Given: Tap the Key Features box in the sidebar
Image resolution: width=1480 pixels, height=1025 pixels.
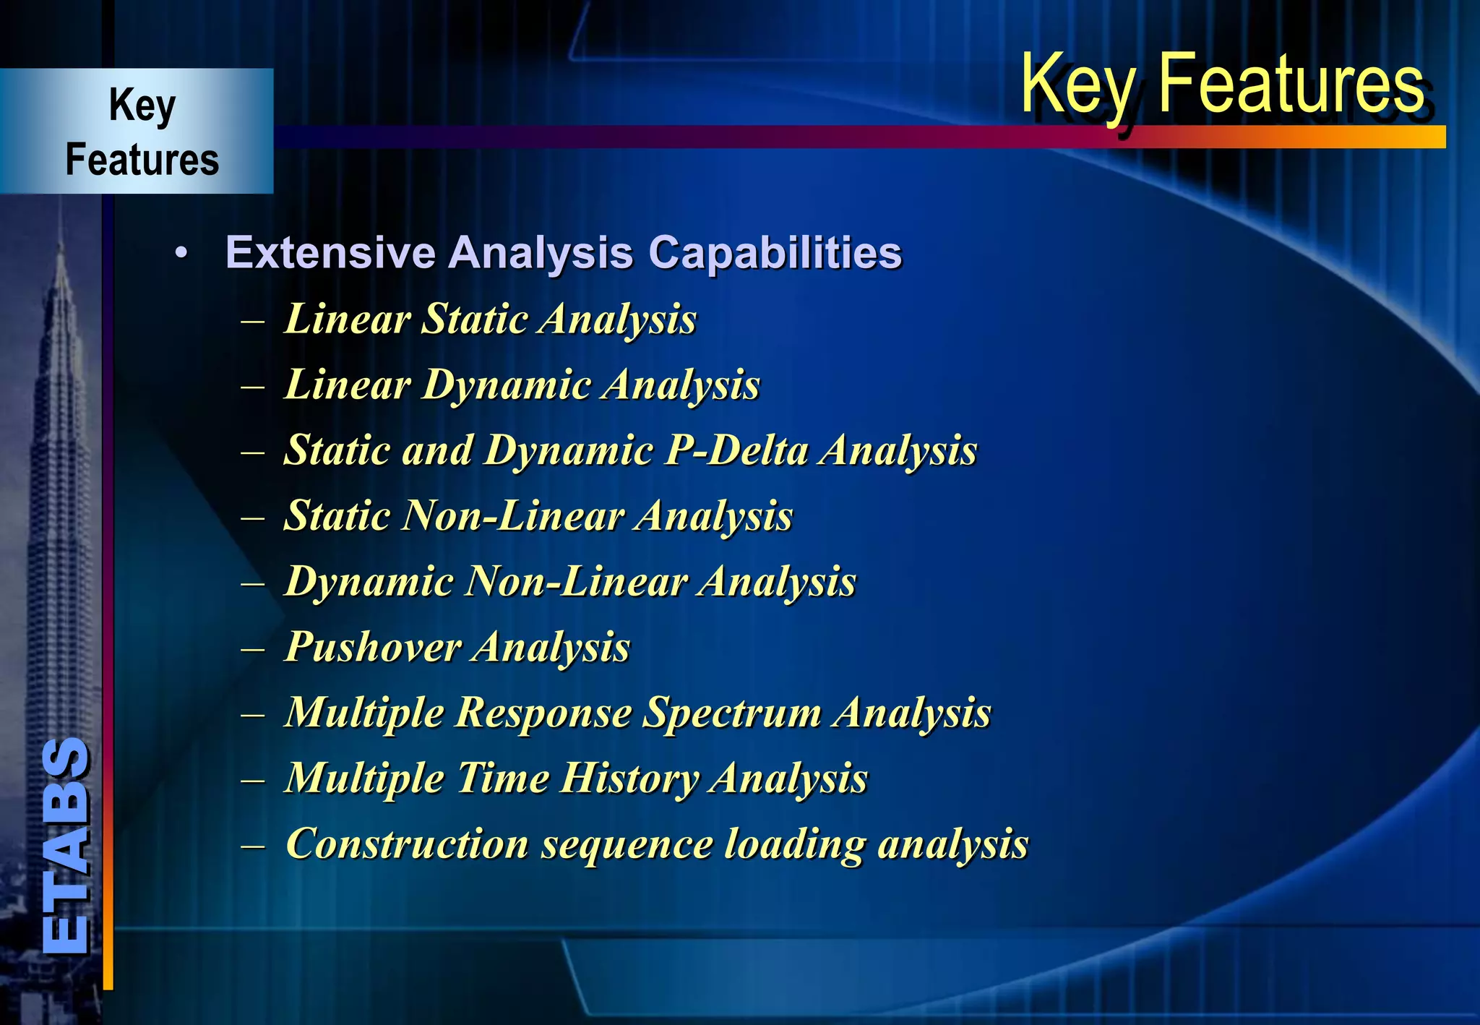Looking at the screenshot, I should (142, 132).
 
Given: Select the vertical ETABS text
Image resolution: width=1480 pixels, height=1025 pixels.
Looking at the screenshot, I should (66, 846).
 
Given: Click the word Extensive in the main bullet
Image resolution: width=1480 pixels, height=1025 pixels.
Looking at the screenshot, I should (330, 253).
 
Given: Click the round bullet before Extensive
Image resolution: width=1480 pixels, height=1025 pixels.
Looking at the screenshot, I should (181, 254).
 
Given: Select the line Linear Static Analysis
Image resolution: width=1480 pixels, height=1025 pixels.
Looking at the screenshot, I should (490, 319).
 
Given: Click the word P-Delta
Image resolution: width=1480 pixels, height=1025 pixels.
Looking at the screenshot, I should (736, 450).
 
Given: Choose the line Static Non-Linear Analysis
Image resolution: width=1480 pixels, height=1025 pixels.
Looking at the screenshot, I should (538, 516).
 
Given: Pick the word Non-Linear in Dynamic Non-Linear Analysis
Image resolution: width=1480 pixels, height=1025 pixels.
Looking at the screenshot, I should (575, 582).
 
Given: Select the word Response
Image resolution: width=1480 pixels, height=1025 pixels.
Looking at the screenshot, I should (543, 713).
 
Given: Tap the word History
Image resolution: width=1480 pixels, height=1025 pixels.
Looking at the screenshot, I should (629, 779).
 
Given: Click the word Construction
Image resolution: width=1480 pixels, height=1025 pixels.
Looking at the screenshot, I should (407, 844).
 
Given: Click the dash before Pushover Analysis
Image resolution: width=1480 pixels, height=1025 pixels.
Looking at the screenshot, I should (253, 648).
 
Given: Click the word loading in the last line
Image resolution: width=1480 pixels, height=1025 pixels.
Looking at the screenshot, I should (794, 844).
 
